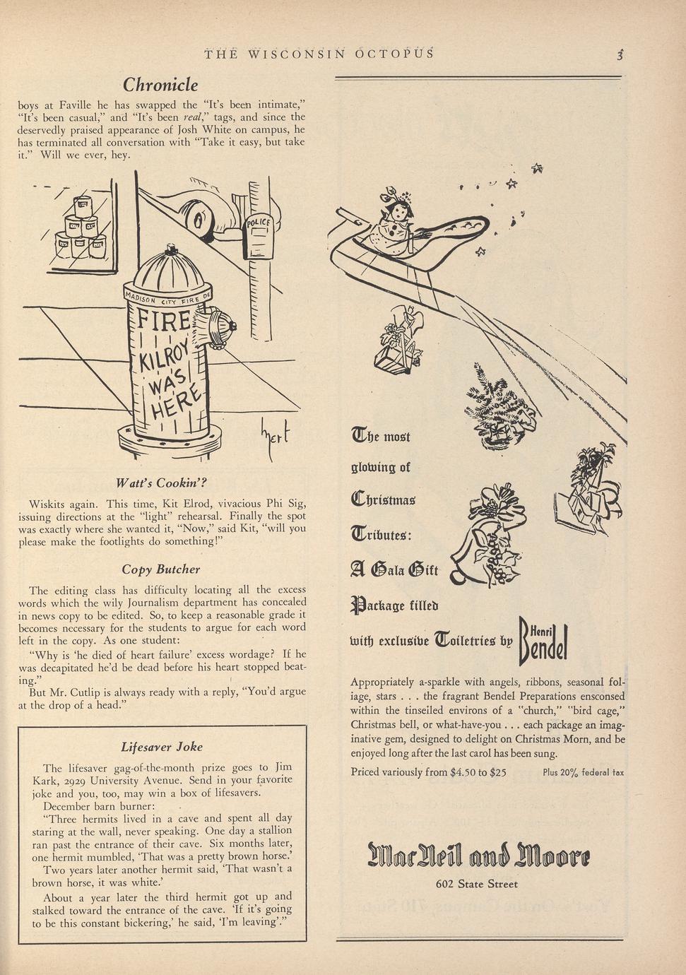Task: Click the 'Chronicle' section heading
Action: [x=160, y=85]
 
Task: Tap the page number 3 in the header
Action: [x=620, y=55]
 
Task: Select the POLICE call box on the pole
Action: [x=259, y=236]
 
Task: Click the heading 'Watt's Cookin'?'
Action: [x=161, y=483]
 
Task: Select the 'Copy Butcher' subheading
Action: [x=161, y=569]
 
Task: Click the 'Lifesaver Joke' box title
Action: [x=162, y=747]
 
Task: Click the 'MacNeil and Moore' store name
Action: [x=477, y=857]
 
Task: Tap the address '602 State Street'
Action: [x=477, y=884]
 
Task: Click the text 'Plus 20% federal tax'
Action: [x=583, y=772]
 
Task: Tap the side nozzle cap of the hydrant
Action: [x=226, y=326]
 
